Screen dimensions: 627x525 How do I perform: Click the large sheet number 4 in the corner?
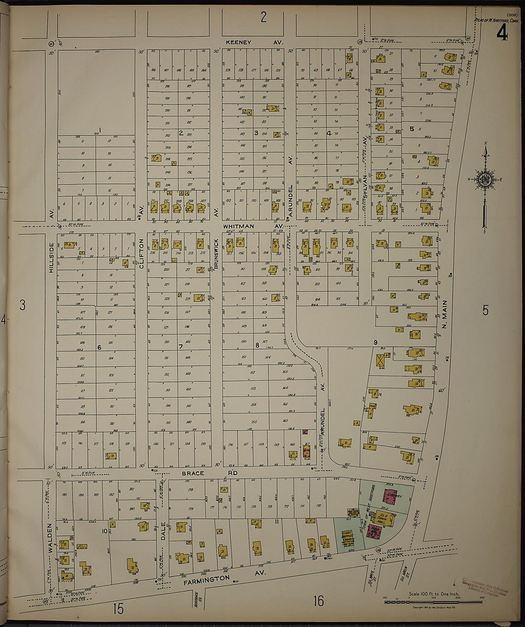[502, 34]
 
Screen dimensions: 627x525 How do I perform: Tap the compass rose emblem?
[485, 180]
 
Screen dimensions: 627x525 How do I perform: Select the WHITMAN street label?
[241, 226]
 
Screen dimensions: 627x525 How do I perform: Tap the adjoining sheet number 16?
[318, 601]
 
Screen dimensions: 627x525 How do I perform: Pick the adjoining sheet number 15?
[118, 608]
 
